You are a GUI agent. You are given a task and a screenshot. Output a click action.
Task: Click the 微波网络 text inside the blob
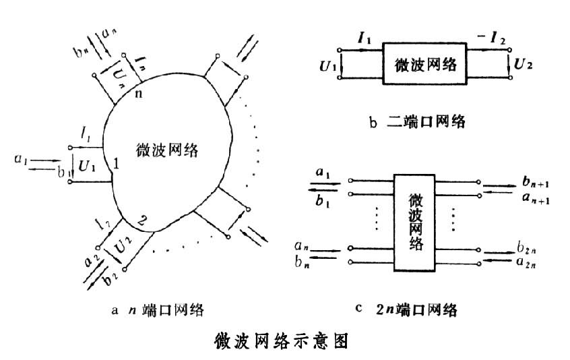point(168,150)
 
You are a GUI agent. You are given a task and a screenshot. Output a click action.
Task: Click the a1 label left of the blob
point(21,160)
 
